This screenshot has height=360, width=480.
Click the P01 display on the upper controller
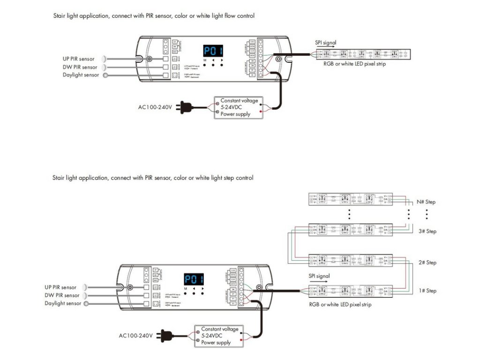[213, 51]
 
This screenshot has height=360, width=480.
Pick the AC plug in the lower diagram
[165, 335]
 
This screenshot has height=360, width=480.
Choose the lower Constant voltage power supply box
[219, 336]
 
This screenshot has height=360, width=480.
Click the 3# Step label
[427, 232]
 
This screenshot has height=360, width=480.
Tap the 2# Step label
[427, 262]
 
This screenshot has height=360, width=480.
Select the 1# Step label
[427, 291]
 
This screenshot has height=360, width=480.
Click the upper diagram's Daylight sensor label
[81, 75]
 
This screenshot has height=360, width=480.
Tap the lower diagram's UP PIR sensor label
[60, 287]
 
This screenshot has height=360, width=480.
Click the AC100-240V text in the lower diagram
[136, 336]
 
